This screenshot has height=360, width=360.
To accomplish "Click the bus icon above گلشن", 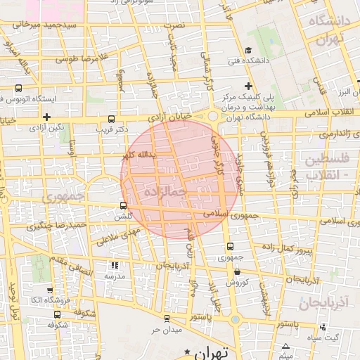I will tap(124, 206).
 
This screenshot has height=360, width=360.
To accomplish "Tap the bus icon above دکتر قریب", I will tap(112, 120).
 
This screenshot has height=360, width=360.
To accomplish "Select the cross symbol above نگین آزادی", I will tap(46, 117).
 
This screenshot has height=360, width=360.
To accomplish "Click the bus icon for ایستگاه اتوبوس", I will tap(18, 89).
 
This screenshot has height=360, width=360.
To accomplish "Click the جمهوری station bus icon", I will tap(230, 247).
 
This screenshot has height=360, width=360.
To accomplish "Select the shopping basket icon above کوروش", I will tap(237, 272).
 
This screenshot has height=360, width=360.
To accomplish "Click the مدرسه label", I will tap(114, 276).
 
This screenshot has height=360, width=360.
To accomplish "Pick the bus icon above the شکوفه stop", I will tap(57, 316).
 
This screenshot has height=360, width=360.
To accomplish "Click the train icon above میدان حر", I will tap(167, 318).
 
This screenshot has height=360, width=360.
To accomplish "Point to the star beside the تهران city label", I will tap(187, 351).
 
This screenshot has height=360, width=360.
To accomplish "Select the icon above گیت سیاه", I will tap(322, 327).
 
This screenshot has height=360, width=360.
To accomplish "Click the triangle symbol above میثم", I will tap(286, 337).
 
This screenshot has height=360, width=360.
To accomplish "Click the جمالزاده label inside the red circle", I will tap(164, 191).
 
